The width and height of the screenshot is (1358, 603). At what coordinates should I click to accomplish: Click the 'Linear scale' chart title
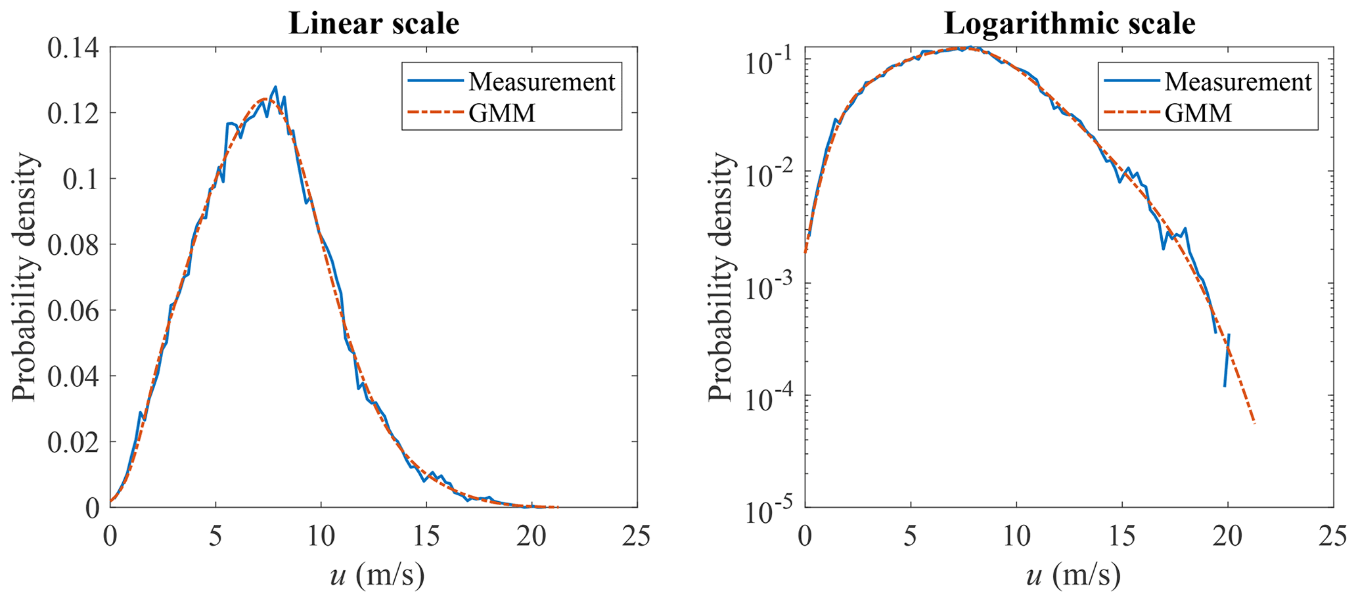click(373, 24)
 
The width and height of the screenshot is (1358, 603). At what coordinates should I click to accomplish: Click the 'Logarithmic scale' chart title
click(1069, 24)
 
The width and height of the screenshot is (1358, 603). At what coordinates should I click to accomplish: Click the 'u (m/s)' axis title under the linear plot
click(376, 576)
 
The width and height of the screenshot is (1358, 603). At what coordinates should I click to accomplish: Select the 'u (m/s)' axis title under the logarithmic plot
click(1073, 576)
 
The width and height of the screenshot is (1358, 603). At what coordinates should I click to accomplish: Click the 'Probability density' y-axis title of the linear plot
click(24, 277)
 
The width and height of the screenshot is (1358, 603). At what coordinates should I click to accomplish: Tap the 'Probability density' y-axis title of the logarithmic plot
click(721, 277)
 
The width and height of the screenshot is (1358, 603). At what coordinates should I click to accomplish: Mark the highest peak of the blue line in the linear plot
click(275, 87)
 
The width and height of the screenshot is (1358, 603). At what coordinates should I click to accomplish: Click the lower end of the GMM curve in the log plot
click(1254, 423)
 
